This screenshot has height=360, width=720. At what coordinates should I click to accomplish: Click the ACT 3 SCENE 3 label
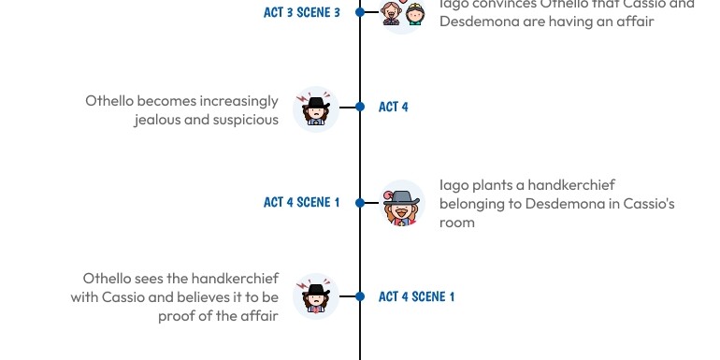tap(301, 12)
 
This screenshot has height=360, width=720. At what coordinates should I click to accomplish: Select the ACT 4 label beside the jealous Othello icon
tap(393, 107)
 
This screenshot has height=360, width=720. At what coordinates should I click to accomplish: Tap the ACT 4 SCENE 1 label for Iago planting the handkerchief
tap(301, 202)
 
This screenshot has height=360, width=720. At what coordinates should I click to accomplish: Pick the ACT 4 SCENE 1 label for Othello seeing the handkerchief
tap(416, 296)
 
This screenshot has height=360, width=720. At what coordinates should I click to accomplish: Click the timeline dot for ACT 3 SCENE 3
tap(360, 12)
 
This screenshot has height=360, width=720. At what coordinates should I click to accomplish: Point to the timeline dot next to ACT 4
tap(360, 107)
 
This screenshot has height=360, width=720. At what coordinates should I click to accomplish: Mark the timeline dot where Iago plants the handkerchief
tap(360, 202)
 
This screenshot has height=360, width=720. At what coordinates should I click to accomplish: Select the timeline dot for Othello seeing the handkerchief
tap(360, 296)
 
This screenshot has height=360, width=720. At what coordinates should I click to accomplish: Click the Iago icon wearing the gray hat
tap(403, 203)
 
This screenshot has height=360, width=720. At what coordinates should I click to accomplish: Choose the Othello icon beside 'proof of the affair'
tap(316, 296)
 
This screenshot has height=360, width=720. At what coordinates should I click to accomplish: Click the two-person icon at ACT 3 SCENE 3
tap(403, 13)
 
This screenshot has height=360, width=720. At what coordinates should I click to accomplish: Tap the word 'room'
tap(457, 223)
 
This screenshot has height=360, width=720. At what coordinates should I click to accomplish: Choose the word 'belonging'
tap(472, 204)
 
